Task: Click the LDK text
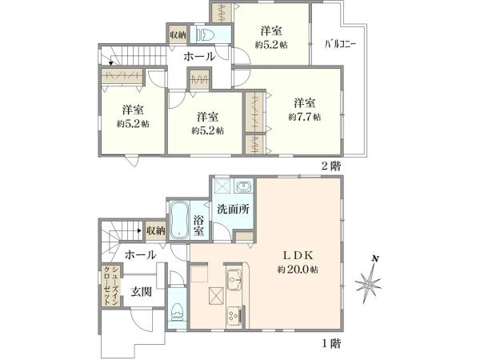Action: [x=300, y=255]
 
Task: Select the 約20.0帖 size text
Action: [x=300, y=270]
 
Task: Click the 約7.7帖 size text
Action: [x=305, y=117]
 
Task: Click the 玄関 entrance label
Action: [x=142, y=290]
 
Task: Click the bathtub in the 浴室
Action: [x=179, y=219]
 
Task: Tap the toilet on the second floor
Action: [x=207, y=34]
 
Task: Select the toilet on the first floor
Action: [x=177, y=311]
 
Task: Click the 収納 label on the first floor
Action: [x=155, y=230]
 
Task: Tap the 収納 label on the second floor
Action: [x=178, y=34]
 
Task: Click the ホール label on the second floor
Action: [x=198, y=57]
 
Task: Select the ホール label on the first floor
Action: [x=141, y=254]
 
